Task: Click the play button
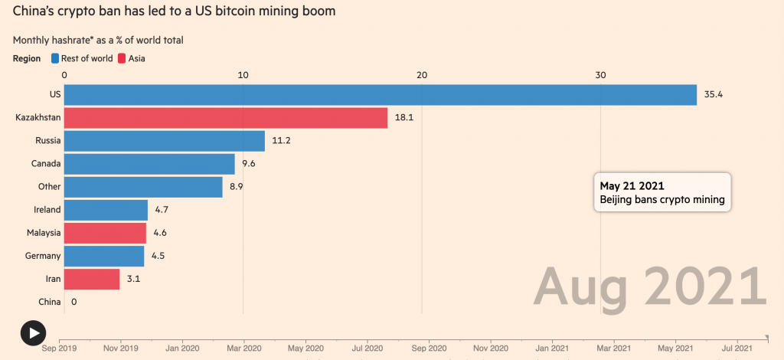pyautogui.click(x=33, y=332)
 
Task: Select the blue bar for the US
pyautogui.click(x=380, y=95)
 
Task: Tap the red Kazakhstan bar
pyautogui.click(x=226, y=118)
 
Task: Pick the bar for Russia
pyautogui.click(x=165, y=141)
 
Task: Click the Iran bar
pyautogui.click(x=92, y=279)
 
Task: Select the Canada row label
pyautogui.click(x=46, y=164)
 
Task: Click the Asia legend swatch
pyautogui.click(x=122, y=58)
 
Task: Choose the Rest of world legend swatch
pyautogui.click(x=56, y=58)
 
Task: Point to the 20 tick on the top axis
pyautogui.click(x=422, y=74)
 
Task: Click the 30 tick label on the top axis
pyautogui.click(x=600, y=74)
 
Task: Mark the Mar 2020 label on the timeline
pyautogui.click(x=244, y=347)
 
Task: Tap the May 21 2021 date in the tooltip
pyautogui.click(x=632, y=186)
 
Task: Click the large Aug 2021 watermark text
pyautogui.click(x=650, y=286)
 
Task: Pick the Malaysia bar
pyautogui.click(x=105, y=233)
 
